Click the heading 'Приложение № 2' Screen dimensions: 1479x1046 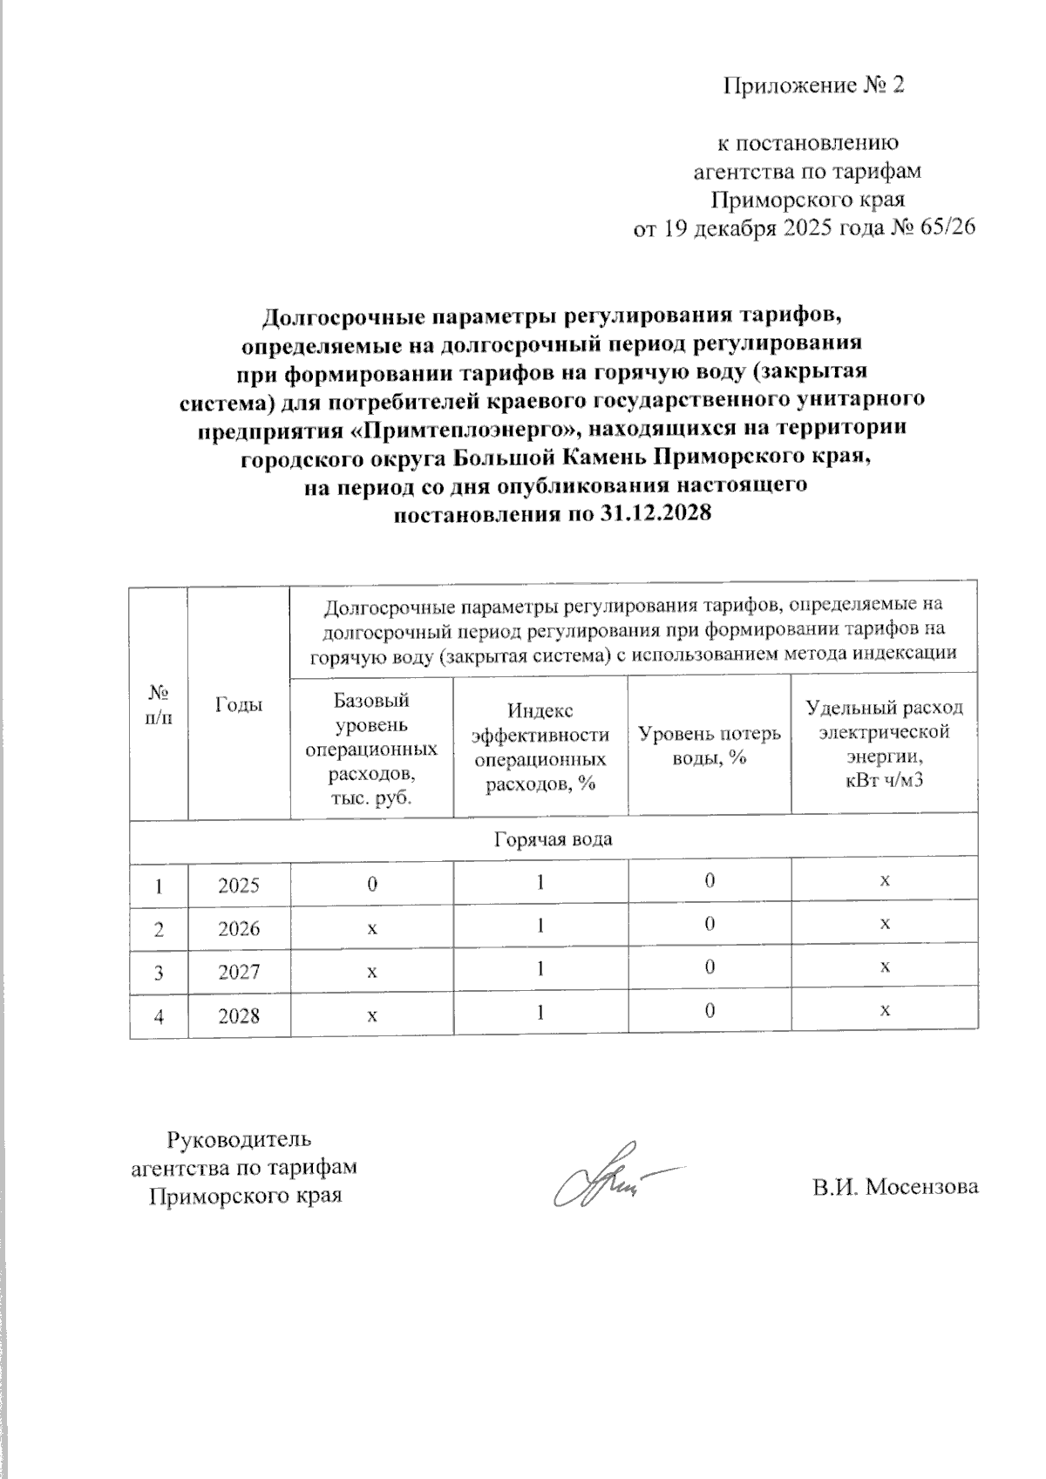814,85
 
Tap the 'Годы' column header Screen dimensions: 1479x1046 238,705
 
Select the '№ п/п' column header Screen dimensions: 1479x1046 159,705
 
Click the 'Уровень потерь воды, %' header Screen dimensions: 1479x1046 710,745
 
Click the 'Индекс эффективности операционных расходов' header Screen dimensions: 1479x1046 540,747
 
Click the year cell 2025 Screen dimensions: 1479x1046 239,885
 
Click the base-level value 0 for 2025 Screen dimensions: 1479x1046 372,884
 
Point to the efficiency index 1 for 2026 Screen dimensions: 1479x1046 540,926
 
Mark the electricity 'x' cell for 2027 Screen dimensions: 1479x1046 885,967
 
